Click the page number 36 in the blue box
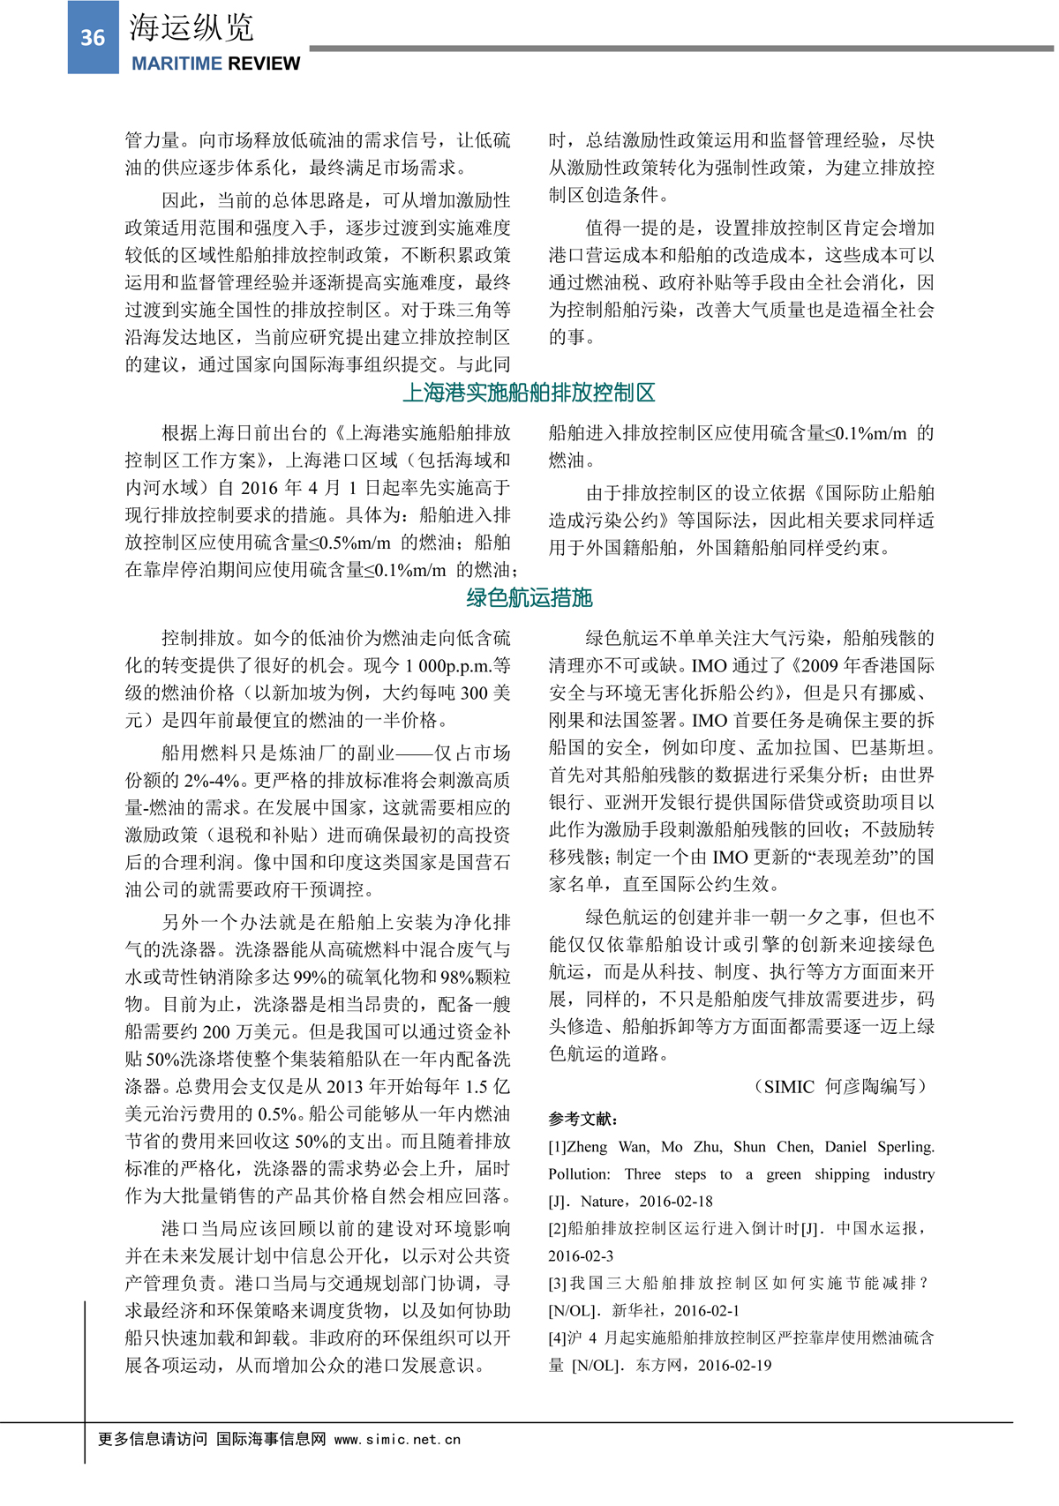click(x=93, y=38)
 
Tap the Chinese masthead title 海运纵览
click(x=192, y=28)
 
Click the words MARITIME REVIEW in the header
click(x=215, y=64)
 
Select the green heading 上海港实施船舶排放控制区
click(x=529, y=393)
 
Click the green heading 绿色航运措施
click(x=529, y=598)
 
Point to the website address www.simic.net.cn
click(x=397, y=1439)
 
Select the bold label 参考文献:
click(x=583, y=1119)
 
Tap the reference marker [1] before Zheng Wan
click(x=557, y=1147)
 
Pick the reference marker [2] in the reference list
click(x=557, y=1228)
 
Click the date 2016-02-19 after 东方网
click(x=733, y=1365)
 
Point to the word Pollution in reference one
click(x=579, y=1174)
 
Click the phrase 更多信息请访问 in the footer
click(x=152, y=1439)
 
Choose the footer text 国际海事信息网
click(x=271, y=1439)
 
